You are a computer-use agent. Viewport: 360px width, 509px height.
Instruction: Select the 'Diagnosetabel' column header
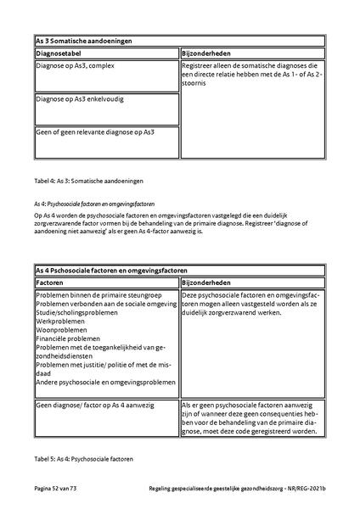pos(63,53)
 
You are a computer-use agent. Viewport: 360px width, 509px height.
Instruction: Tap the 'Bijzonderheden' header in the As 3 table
pos(208,53)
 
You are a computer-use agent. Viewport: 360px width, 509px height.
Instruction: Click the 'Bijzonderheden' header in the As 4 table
pos(208,282)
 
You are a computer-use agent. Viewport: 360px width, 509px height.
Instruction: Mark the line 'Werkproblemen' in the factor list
pos(61,322)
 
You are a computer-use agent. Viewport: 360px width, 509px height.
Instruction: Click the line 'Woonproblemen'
pos(63,331)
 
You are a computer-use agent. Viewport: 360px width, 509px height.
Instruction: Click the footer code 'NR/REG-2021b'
pos(309,490)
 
